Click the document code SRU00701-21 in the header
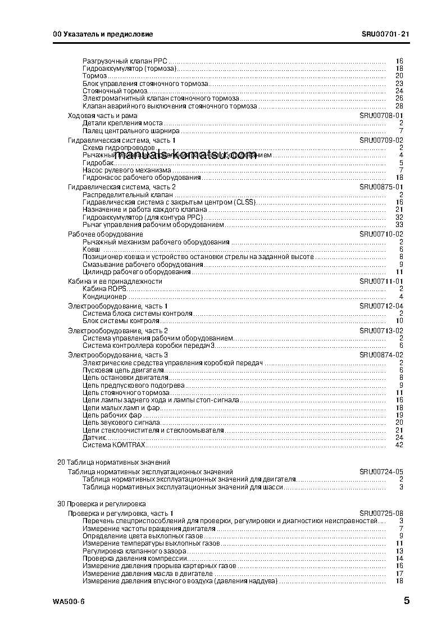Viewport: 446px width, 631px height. (385, 34)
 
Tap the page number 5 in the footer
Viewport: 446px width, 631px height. (406, 601)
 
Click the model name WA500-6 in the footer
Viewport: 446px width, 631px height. (69, 602)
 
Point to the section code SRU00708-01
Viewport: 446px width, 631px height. (381, 115)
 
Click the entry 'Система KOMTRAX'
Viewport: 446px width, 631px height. (114, 445)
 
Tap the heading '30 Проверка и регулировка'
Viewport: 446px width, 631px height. (102, 504)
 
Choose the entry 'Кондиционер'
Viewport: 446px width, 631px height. (104, 297)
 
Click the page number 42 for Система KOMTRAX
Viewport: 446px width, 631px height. (399, 445)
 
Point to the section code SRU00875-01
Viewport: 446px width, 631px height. (381, 187)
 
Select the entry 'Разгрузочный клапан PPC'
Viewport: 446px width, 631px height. (125, 60)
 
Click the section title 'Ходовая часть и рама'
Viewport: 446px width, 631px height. (102, 115)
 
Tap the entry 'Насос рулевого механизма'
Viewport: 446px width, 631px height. (126, 170)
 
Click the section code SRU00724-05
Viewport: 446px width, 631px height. (381, 471)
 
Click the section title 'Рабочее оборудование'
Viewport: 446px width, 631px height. (105, 234)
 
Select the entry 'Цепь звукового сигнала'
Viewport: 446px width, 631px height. (121, 422)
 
